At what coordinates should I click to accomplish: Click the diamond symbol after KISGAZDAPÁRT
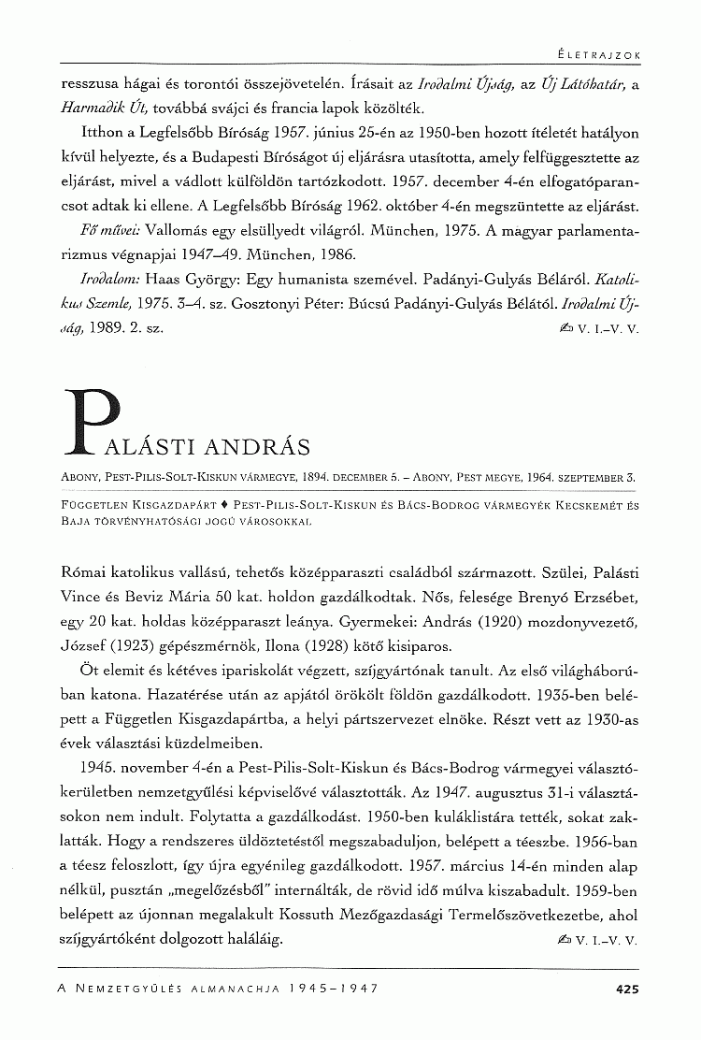tap(223, 504)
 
